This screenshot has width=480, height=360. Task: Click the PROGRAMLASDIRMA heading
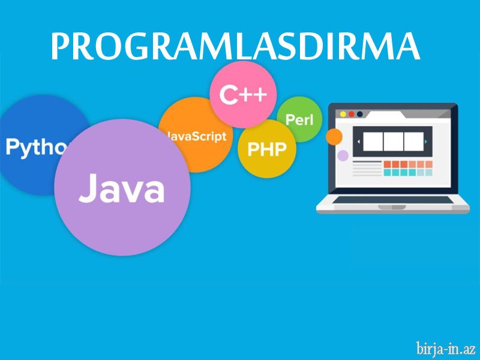click(x=235, y=46)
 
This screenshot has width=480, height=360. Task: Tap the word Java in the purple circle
click(x=122, y=188)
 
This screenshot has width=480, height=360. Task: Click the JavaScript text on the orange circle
click(x=197, y=136)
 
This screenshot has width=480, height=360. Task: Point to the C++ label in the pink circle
click(x=243, y=95)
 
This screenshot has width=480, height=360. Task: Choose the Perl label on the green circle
click(x=299, y=119)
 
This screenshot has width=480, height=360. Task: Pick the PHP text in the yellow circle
click(x=267, y=149)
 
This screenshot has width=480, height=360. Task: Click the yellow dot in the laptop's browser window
click(x=343, y=114)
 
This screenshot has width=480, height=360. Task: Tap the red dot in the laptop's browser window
click(x=352, y=114)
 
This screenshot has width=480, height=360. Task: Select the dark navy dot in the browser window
click(x=359, y=114)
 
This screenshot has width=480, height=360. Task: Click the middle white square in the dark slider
click(x=394, y=142)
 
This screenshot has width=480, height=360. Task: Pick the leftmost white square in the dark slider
click(x=373, y=142)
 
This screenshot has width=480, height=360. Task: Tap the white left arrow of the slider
click(x=359, y=142)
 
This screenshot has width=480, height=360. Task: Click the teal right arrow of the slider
click(x=426, y=142)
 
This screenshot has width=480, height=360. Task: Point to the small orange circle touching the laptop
click(x=334, y=137)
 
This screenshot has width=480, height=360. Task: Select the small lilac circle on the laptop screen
click(x=343, y=155)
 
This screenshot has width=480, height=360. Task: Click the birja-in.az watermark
click(x=446, y=349)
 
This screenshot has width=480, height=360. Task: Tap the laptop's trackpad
click(x=392, y=207)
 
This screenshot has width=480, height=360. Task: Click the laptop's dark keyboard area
click(x=393, y=200)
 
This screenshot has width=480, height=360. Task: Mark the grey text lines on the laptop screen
click(x=367, y=169)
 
